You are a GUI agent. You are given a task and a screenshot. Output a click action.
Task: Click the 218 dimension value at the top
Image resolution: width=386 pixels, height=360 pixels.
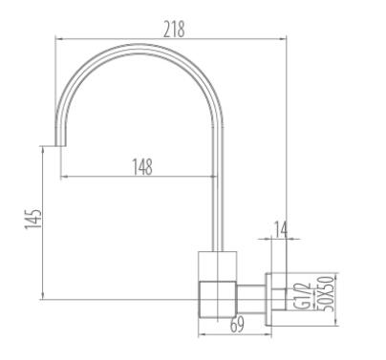click(x=174, y=30)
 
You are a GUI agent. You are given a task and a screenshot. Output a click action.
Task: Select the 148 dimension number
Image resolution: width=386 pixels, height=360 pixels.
click(x=142, y=167)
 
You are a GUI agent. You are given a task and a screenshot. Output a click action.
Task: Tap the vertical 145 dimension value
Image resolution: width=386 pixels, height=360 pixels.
click(x=33, y=219)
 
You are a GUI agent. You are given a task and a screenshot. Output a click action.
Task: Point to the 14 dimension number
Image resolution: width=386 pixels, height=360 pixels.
click(x=281, y=229)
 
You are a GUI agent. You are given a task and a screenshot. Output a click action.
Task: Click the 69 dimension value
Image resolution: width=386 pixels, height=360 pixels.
click(x=237, y=325)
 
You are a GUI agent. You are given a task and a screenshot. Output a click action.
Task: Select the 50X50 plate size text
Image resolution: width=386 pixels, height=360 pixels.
click(x=326, y=293)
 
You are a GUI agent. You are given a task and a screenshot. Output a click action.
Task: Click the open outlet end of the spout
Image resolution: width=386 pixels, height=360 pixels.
click(x=61, y=146)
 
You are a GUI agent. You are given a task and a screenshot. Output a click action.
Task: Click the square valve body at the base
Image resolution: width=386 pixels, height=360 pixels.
click(x=218, y=299)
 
